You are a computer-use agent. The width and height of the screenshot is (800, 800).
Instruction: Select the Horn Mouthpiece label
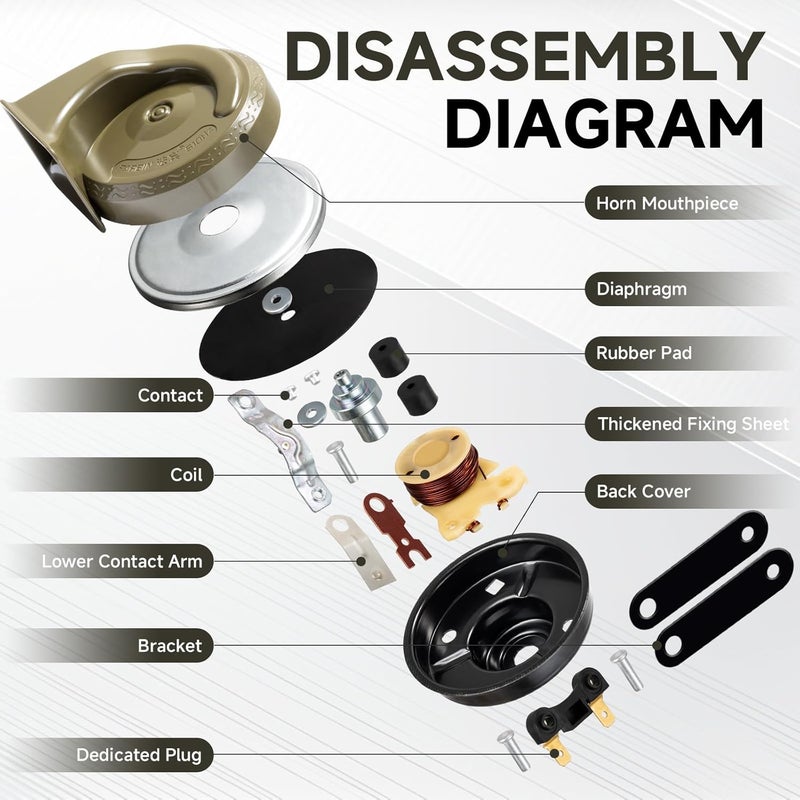tap(667, 204)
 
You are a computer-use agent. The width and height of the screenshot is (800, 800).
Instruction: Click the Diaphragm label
tap(641, 290)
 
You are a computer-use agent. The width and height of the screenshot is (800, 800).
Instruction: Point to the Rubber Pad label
tap(644, 353)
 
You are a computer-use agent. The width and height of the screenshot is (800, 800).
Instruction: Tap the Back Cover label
tap(643, 491)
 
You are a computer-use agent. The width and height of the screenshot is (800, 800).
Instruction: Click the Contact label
tap(170, 395)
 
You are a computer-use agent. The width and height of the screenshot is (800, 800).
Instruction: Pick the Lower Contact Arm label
tap(121, 561)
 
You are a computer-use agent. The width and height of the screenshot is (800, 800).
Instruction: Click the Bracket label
tap(170, 646)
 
